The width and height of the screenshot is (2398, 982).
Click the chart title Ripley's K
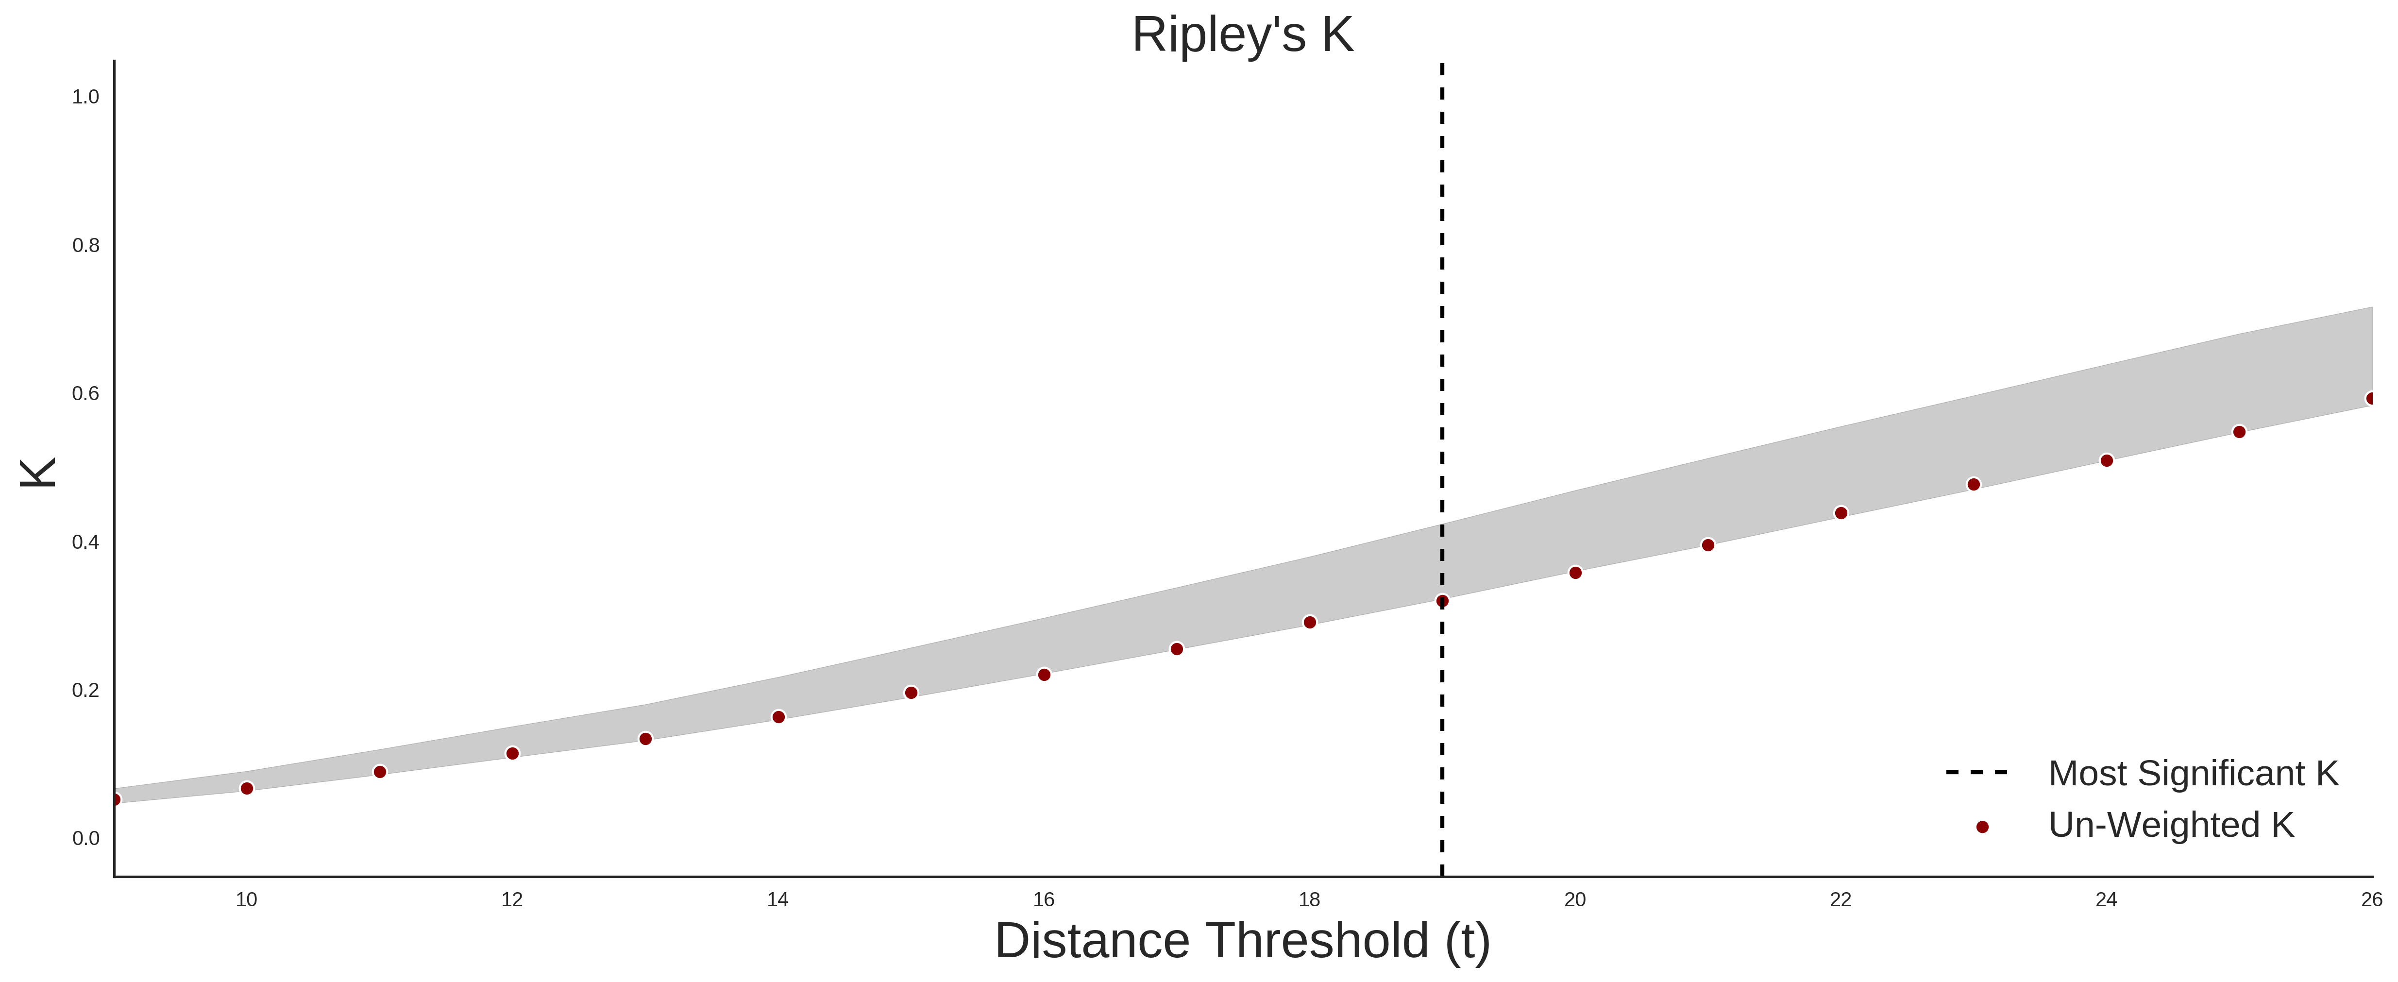click(1243, 35)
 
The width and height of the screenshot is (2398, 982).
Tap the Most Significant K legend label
click(2193, 774)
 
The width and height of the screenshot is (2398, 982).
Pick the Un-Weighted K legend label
click(2171, 825)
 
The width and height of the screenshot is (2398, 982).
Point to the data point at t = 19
click(1442, 601)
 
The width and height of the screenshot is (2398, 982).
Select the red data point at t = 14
click(778, 717)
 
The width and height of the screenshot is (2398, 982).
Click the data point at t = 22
click(1841, 513)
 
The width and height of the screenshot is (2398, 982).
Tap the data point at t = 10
click(247, 788)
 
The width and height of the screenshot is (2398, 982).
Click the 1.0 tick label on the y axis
click(85, 97)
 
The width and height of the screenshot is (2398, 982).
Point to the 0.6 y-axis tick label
click(85, 394)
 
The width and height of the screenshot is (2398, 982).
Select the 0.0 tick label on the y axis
click(85, 839)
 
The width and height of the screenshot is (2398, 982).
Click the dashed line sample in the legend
click(1977, 773)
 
